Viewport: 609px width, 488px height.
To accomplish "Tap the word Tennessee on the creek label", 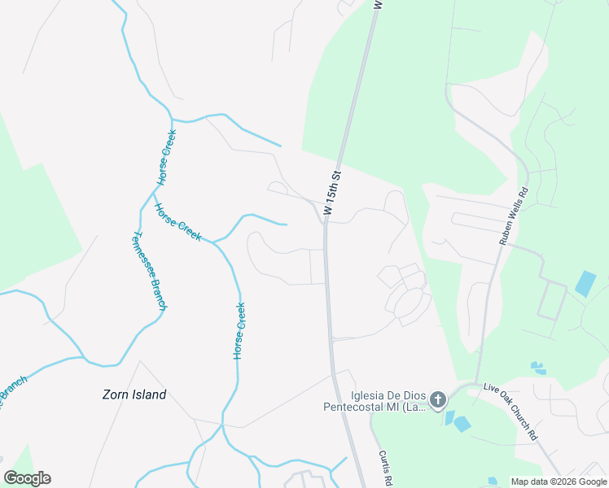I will (142, 256).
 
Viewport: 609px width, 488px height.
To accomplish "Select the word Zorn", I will (117, 395).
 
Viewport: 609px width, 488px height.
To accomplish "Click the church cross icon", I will (438, 399).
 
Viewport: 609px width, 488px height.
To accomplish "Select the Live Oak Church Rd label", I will (510, 412).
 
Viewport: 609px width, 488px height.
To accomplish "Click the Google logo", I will (27, 478).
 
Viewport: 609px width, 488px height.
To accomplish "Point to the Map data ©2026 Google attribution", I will (559, 482).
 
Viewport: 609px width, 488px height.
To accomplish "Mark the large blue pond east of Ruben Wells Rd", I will (585, 284).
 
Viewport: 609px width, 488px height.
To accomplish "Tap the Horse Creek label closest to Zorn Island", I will (239, 331).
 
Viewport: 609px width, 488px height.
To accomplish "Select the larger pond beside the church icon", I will (462, 424).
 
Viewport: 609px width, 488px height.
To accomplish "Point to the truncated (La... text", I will (416, 407).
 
